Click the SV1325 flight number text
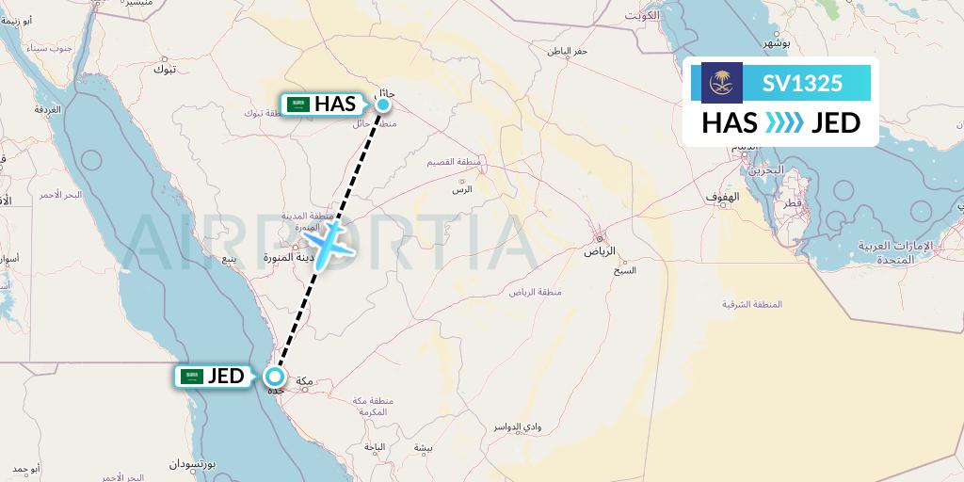(x=803, y=83)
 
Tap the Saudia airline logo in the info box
(x=722, y=83)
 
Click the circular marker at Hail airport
(x=384, y=104)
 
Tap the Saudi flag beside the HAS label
(x=299, y=104)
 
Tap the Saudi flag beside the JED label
(x=192, y=377)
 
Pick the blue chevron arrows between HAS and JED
(x=783, y=123)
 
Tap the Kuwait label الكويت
(x=650, y=17)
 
